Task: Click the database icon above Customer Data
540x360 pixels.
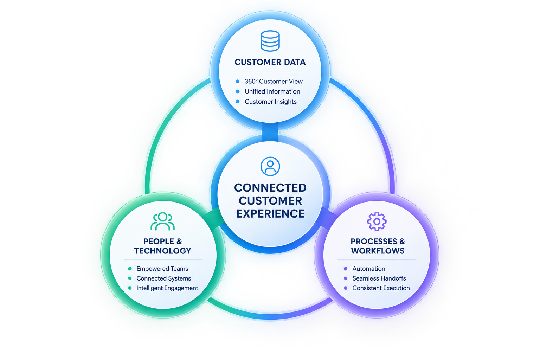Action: point(270,41)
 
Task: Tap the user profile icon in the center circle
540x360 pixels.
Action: point(270,166)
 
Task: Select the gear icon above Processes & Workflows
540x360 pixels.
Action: point(377,221)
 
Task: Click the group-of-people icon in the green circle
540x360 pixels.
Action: point(163,221)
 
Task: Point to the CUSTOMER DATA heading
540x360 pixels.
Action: point(270,62)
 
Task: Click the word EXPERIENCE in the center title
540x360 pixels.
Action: point(270,214)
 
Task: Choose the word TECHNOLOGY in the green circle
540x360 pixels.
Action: point(163,251)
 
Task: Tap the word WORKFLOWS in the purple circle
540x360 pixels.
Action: point(378,251)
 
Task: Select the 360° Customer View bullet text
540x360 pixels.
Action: point(274,82)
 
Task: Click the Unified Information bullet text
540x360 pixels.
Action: point(272,92)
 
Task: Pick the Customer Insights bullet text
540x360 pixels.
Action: point(271,102)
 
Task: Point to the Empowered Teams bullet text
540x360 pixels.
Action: point(162,269)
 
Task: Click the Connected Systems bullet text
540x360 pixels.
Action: point(164,278)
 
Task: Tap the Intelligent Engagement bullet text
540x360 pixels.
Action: point(167,288)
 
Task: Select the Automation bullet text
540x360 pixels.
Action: point(369,269)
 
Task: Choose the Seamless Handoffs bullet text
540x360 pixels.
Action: point(379,278)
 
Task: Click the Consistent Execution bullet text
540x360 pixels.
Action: point(381,288)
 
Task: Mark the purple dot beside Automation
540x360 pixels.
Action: point(346,269)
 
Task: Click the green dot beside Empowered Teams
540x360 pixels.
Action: point(130,269)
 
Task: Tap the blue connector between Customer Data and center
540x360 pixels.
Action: point(270,132)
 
